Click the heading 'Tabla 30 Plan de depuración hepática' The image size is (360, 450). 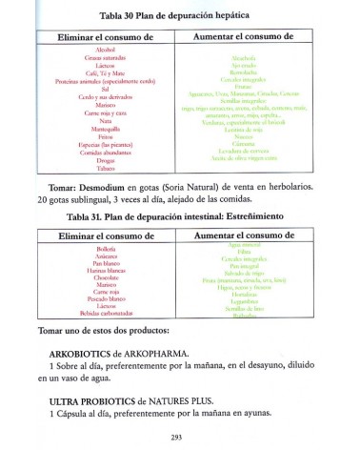click(181, 16)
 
